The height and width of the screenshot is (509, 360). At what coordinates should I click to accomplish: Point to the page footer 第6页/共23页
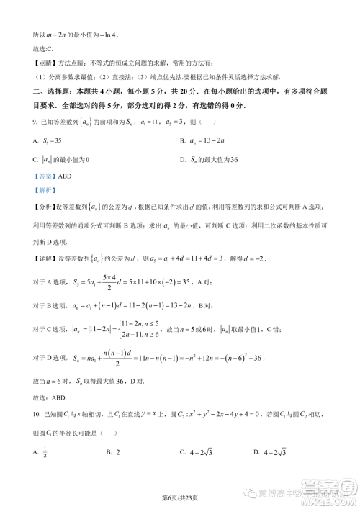[x=179, y=497]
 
